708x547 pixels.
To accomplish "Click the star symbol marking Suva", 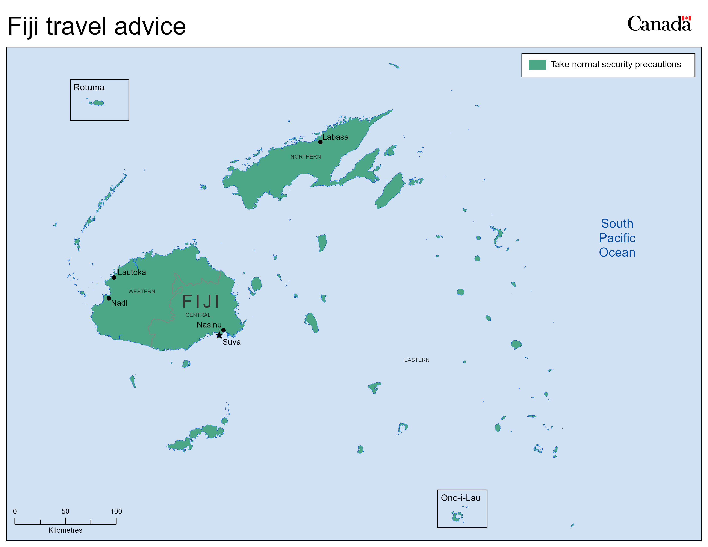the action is (219, 335).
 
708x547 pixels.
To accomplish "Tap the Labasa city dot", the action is (320, 142).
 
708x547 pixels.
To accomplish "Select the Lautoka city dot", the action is (114, 277).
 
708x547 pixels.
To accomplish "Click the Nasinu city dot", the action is (223, 330).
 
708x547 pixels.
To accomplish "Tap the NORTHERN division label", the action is (305, 157).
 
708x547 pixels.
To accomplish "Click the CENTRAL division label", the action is (198, 315).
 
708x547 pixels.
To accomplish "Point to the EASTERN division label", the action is (417, 360).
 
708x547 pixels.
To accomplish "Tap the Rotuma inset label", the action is (89, 88).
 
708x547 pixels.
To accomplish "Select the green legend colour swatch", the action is (537, 65).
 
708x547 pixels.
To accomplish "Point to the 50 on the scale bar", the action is (65, 511).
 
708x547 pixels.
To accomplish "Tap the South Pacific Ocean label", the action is (617, 238).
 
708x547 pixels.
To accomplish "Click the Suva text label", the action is (231, 342).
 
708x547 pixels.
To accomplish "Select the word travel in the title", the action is (76, 26).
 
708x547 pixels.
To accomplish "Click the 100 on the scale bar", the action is (116, 511).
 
